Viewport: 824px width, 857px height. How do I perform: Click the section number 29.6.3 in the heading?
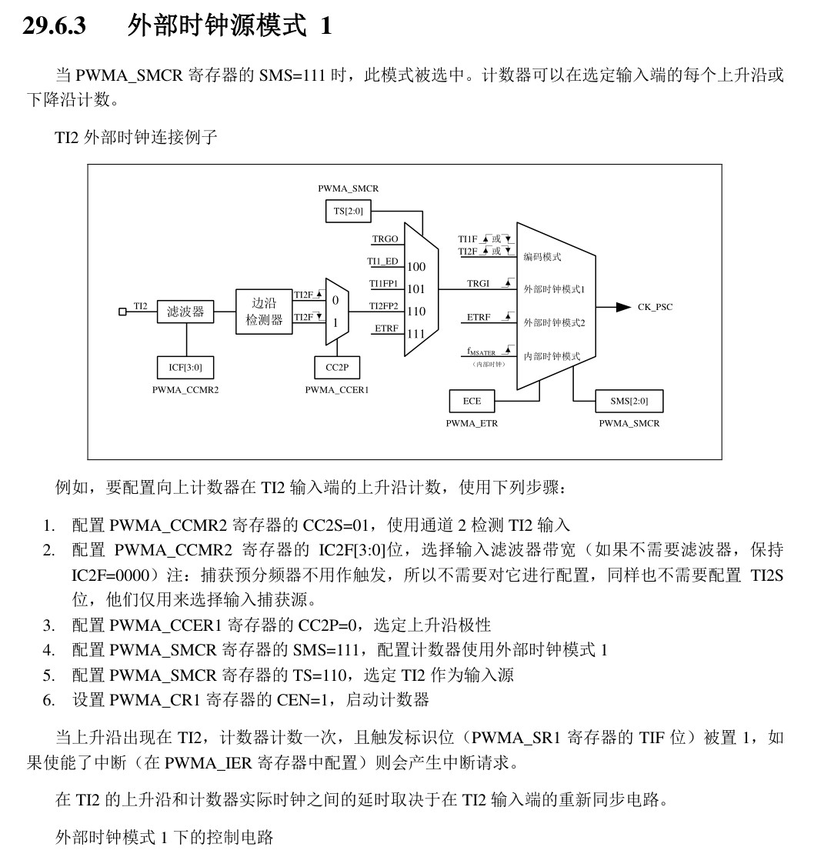[55, 26]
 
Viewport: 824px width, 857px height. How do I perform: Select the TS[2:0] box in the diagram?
[348, 211]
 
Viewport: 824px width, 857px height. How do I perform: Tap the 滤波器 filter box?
[185, 312]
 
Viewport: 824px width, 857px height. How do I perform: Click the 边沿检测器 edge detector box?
[264, 312]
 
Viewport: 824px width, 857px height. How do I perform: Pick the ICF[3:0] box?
[185, 368]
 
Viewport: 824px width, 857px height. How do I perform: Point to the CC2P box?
[337, 368]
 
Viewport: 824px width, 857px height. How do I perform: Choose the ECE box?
[472, 401]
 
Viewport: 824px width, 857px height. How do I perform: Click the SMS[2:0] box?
[629, 401]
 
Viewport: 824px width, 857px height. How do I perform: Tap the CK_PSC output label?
[655, 308]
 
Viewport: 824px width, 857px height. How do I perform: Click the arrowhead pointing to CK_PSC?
[624, 308]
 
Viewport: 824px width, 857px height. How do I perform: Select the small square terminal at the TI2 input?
[122, 312]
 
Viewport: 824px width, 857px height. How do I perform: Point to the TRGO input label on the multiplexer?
[385, 239]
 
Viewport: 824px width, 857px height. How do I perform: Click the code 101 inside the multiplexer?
[416, 289]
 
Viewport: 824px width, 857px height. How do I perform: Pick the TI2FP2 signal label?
[383, 306]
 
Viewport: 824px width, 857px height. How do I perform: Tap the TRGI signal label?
[478, 284]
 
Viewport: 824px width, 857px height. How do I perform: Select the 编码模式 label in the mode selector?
[542, 257]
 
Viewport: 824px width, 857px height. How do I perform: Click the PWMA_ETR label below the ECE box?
[472, 423]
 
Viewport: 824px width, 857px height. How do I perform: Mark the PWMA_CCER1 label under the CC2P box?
[337, 390]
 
